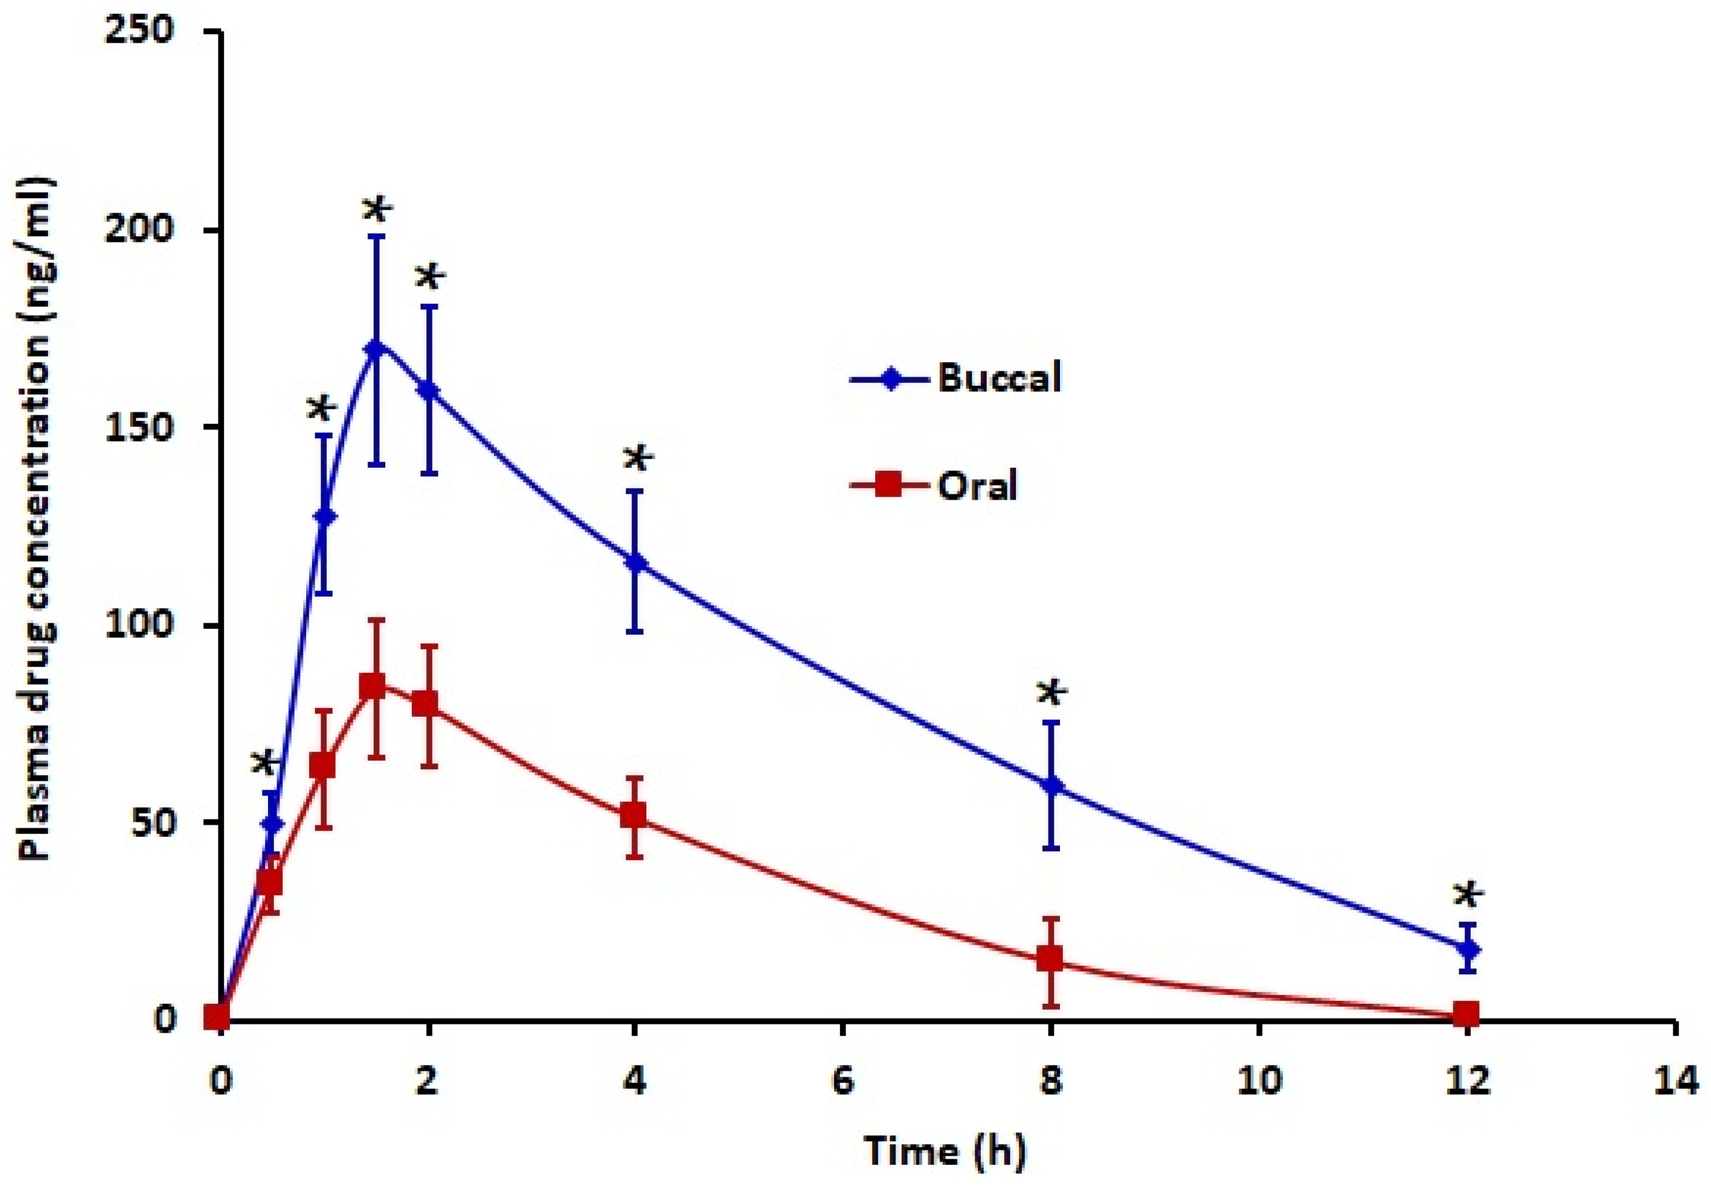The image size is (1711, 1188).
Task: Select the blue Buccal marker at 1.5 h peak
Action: [x=377, y=348]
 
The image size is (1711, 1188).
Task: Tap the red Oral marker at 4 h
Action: [x=634, y=814]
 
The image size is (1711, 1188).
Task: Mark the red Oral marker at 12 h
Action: [x=1466, y=1013]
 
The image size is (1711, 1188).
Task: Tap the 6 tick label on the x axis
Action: [x=842, y=1081]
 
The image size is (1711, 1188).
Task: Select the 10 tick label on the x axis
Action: [x=1258, y=1081]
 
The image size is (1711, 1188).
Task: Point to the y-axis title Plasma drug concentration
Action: [x=35, y=521]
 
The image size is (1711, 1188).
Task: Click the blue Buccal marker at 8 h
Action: [x=1051, y=785]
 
